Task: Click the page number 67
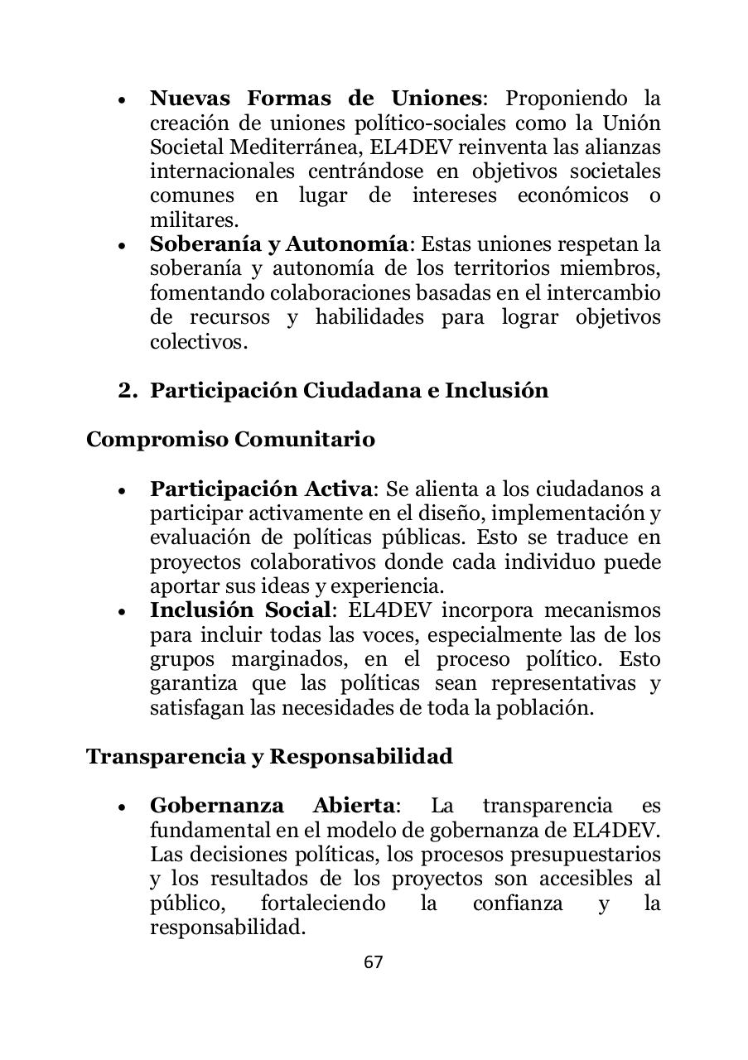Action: [x=374, y=961]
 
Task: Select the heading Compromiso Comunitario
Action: [x=230, y=439]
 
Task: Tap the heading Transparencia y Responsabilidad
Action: [x=269, y=757]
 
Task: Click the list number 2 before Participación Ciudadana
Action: [x=127, y=391]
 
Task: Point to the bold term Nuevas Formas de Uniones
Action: [x=315, y=99]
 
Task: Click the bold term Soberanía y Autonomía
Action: [x=279, y=244]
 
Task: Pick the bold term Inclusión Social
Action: [x=240, y=610]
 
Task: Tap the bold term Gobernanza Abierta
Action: [x=271, y=806]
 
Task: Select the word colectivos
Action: [x=198, y=342]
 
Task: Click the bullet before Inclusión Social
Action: [x=123, y=612]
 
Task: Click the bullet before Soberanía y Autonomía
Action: [x=123, y=246]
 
